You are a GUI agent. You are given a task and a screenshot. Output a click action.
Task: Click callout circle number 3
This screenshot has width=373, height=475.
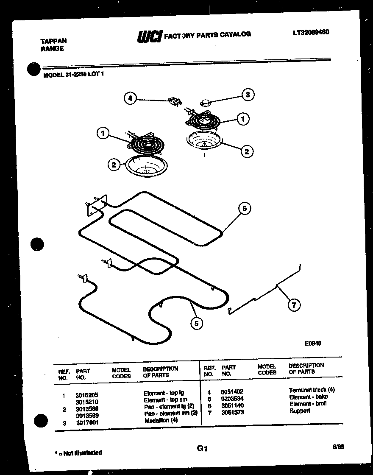click(248, 95)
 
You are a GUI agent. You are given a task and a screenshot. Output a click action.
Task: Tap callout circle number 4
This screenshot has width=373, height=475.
click(131, 98)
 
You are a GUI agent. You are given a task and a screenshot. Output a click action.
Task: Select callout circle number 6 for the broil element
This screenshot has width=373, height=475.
click(244, 208)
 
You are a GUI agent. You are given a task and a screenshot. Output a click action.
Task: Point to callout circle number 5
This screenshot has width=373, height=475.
click(196, 324)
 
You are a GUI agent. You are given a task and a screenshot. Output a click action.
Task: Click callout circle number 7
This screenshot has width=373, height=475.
click(294, 305)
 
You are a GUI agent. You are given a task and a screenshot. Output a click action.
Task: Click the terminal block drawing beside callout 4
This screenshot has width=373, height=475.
click(174, 101)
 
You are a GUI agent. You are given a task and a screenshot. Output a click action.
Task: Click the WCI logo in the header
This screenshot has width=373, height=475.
click(149, 36)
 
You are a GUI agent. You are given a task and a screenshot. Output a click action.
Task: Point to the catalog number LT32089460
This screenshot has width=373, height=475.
click(311, 32)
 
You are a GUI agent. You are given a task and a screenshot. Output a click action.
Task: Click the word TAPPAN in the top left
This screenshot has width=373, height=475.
click(53, 41)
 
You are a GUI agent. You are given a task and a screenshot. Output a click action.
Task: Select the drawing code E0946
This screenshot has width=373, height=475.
click(313, 344)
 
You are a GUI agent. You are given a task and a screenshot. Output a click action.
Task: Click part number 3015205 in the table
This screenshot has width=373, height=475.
click(86, 394)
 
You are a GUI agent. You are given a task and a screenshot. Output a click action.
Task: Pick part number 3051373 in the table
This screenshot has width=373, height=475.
click(232, 412)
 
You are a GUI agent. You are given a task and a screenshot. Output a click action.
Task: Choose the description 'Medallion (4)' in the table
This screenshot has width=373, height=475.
click(161, 420)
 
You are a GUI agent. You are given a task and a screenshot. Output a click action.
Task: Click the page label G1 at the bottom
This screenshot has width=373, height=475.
click(202, 448)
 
